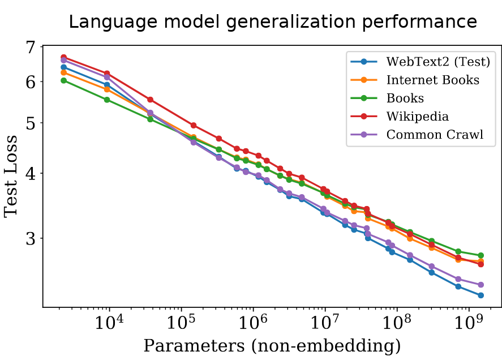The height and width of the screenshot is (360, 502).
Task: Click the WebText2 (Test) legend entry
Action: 437,62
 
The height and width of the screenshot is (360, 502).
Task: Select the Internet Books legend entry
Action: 432,80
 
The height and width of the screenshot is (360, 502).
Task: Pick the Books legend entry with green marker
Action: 405,98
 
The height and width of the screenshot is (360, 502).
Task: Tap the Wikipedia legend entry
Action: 417,117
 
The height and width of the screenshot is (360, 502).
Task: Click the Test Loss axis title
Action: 12,177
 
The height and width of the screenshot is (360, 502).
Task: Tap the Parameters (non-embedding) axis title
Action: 272,345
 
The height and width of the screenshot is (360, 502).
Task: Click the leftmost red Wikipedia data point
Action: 64,57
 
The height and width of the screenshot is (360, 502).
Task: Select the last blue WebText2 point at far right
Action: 480,295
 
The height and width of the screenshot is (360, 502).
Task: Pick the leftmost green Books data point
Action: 64,80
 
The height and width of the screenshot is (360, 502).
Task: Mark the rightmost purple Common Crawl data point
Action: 480,285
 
